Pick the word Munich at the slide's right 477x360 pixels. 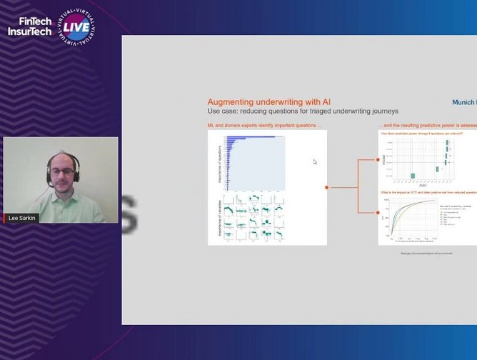click(464, 102)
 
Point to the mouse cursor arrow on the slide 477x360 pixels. click(315, 161)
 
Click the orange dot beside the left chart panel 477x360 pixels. click(327, 187)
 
